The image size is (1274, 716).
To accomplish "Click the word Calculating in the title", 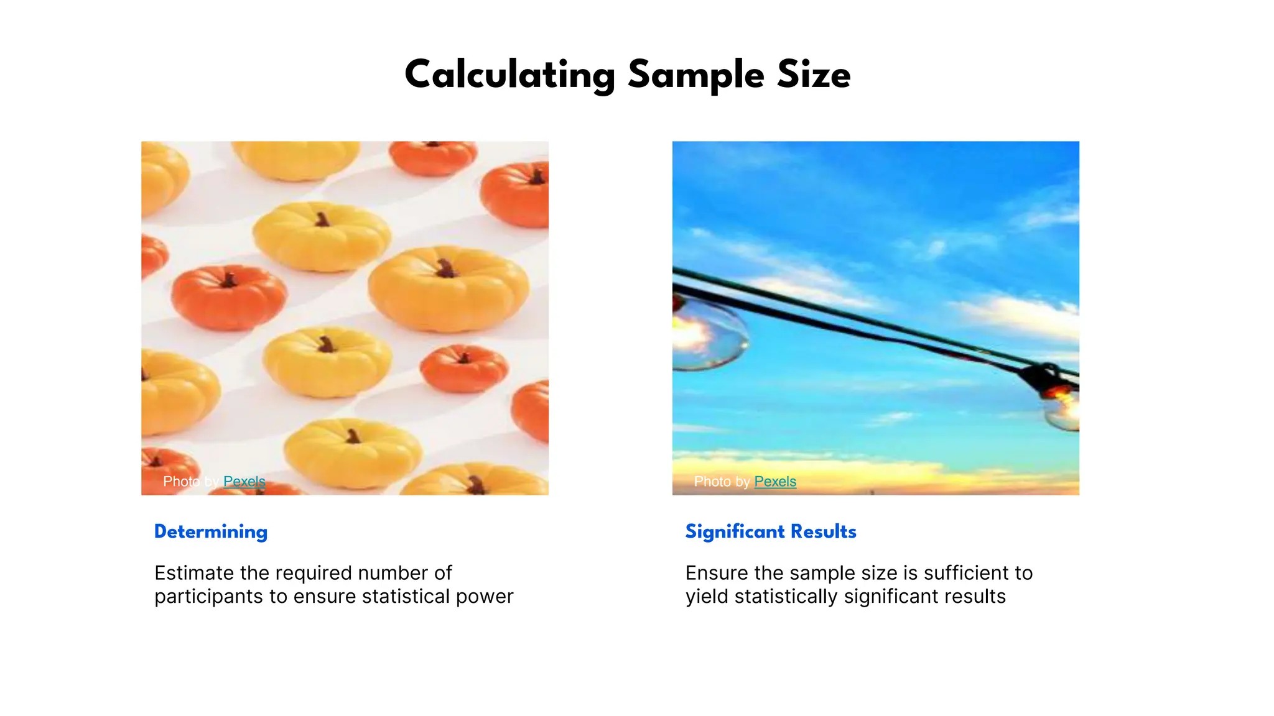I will click(x=509, y=75).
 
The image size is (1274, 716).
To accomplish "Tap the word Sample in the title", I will click(x=695, y=75).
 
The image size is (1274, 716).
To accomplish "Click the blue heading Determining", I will click(x=211, y=532).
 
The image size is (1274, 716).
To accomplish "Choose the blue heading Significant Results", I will click(x=771, y=532).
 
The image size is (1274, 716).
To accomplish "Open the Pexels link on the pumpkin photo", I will click(x=244, y=482).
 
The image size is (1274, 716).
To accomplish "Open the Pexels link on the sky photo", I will click(x=775, y=482).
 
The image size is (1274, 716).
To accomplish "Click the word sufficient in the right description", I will click(x=968, y=573).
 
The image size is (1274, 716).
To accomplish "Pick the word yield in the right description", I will click(x=707, y=597).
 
